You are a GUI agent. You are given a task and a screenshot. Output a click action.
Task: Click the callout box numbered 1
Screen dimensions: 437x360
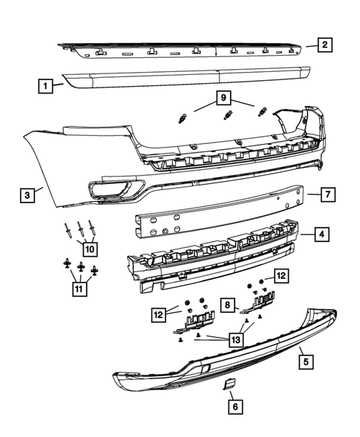coord(45,87)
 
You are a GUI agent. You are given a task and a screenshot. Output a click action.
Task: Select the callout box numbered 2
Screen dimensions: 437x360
coord(324,45)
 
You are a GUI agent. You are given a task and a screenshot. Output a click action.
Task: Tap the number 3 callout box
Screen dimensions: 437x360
coord(27,195)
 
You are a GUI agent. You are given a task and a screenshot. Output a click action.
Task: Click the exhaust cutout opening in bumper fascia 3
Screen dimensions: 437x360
coord(113,188)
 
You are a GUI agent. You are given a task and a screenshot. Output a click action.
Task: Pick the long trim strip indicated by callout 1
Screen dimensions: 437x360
coord(186,79)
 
